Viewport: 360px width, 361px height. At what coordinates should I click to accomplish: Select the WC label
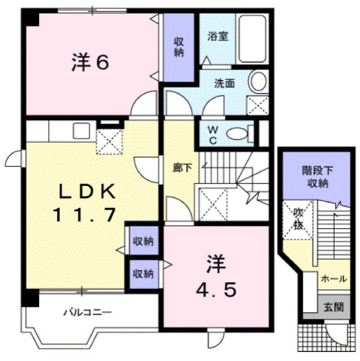pos(213,134)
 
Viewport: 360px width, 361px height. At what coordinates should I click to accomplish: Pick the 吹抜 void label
pos(299,218)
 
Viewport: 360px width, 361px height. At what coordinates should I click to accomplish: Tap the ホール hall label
pos(333,278)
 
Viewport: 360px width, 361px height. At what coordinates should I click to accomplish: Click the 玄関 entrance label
pos(332,307)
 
